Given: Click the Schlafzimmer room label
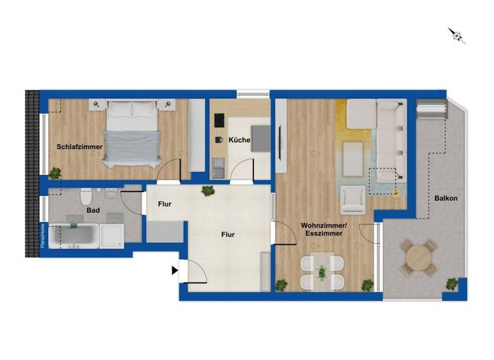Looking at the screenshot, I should point(80,147).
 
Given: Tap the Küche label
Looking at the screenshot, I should point(239,139).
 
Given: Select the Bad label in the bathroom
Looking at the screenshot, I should point(93,210).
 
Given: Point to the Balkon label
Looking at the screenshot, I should point(446,198).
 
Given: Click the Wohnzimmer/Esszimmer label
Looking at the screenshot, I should point(324,230).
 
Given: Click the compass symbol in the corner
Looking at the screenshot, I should point(457,35).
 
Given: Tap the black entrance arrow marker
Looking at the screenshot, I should point(174,271).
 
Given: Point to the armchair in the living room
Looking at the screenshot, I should point(352,199).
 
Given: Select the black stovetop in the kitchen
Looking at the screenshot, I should point(219,120).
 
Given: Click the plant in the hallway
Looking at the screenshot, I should point(208,190).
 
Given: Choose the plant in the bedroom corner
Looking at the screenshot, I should point(55,172).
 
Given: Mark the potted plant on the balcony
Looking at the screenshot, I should point(453,283).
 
